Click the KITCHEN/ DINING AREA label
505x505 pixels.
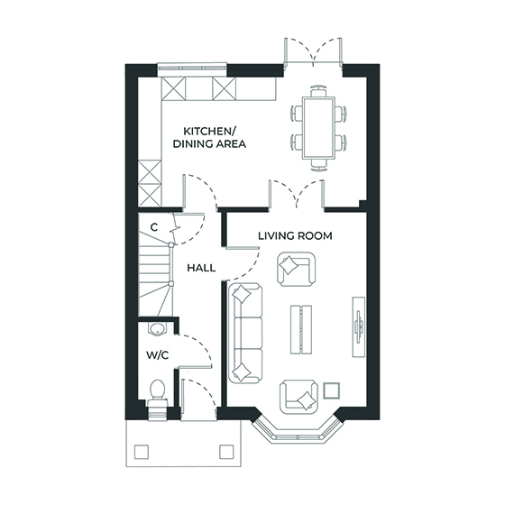[209, 136]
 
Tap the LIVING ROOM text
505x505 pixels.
[295, 236]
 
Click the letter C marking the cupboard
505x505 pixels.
[154, 226]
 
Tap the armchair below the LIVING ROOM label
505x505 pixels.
[295, 267]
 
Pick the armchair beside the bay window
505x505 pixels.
[299, 395]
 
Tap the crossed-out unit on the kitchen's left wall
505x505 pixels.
[151, 181]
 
